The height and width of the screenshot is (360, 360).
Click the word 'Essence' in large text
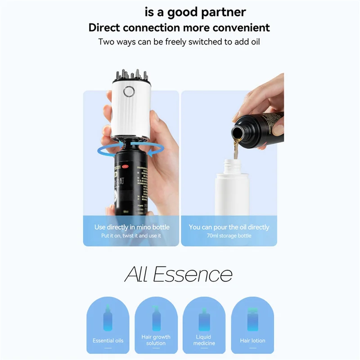point(193,274)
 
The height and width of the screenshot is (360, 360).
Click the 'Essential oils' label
point(108,341)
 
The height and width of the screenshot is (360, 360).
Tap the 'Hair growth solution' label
point(156,340)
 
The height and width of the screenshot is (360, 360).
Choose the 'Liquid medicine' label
point(203,340)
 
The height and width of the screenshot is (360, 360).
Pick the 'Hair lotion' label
point(252,341)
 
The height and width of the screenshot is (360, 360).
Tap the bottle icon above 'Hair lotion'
point(252,319)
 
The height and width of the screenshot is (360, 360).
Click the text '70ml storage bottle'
point(229,236)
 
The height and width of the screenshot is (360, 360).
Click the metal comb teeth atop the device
point(130,74)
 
